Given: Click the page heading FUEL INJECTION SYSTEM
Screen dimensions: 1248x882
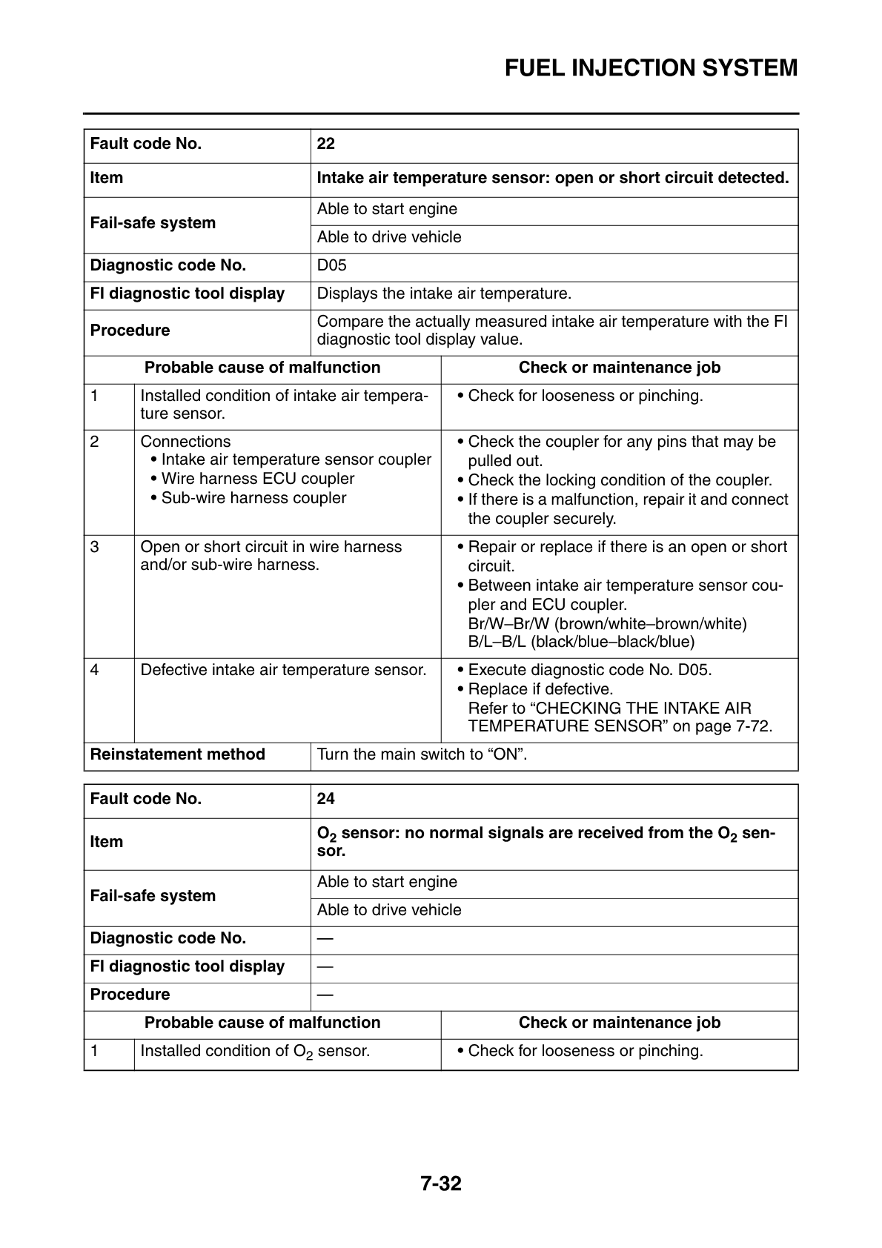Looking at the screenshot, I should point(651,68).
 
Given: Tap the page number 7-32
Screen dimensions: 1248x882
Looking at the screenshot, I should point(441,1184).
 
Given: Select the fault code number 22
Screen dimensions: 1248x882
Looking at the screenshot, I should point(326,144).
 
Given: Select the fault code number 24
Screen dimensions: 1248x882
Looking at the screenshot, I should point(326,799).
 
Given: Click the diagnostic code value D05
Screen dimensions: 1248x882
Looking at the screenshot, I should point(331,265).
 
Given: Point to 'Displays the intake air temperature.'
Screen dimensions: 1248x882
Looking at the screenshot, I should point(444,293).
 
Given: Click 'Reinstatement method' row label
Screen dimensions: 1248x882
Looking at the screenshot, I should point(177,754).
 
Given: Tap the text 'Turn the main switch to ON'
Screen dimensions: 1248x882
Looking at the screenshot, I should point(422,754).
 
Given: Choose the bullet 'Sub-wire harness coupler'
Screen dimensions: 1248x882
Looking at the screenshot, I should point(253,498).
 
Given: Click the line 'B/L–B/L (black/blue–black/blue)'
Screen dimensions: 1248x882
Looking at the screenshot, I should point(581,642).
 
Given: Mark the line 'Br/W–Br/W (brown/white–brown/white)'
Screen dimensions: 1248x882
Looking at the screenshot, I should point(607,623).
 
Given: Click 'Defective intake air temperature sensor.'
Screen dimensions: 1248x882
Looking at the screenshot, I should point(283,670).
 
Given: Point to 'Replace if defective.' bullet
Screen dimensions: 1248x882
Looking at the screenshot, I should point(540,689).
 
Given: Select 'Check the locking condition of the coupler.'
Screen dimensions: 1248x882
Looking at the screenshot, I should point(620,480).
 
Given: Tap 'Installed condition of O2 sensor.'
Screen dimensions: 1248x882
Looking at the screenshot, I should point(255,1051).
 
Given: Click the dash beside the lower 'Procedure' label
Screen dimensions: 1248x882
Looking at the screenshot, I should point(325,995).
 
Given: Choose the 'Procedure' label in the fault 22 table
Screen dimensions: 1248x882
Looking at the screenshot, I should point(130,331).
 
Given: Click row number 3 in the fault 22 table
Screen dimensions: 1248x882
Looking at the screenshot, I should point(95,547).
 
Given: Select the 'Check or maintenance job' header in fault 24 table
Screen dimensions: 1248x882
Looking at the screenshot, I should point(619,1023).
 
